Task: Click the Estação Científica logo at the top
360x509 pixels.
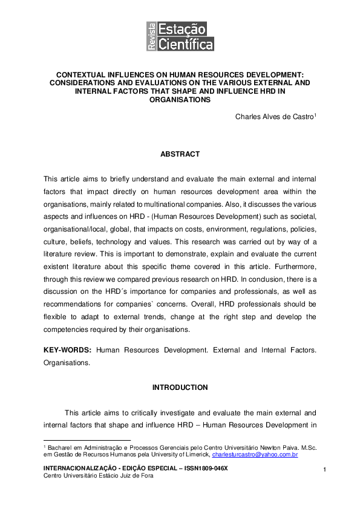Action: tap(180, 36)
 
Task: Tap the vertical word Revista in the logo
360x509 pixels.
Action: tap(151, 36)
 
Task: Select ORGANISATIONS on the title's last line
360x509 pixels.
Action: tap(180, 100)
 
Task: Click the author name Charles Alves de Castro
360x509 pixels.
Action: tap(273, 117)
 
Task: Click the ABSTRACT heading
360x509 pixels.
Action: tap(180, 155)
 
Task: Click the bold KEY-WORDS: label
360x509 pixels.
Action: tap(68, 350)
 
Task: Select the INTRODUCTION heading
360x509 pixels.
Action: tap(180, 387)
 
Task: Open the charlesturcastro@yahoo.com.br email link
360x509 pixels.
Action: tap(255, 454)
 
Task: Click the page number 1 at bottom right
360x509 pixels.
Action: tap(325, 470)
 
